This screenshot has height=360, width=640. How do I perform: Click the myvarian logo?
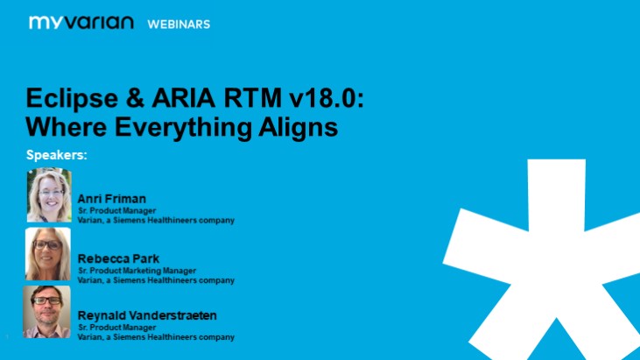pyautogui.click(x=81, y=23)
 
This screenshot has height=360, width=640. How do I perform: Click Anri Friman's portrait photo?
pyautogui.click(x=49, y=194)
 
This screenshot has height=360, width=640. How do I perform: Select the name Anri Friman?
pyautogui.click(x=113, y=199)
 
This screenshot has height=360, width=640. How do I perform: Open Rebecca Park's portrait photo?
pyautogui.click(x=47, y=253)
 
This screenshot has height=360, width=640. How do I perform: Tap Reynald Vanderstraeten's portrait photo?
pyautogui.click(x=46, y=311)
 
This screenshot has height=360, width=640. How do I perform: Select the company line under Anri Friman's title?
pyautogui.click(x=156, y=221)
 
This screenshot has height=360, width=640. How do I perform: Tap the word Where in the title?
pyautogui.click(x=65, y=127)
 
